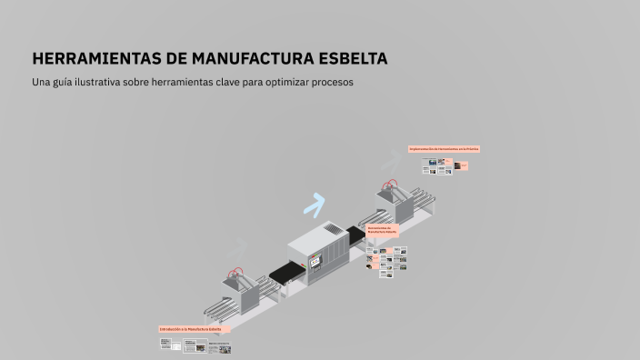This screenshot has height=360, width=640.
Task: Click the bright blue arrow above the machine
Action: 315,205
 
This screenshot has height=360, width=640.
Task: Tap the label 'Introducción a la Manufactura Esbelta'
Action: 194,328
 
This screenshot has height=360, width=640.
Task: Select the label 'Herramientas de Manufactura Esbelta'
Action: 383,230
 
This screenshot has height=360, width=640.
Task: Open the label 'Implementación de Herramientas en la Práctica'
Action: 444,148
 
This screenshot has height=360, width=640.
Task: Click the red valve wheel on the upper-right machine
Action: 393,185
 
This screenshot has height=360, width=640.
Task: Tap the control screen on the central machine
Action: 316,262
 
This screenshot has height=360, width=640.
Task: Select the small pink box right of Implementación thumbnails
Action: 463,165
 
